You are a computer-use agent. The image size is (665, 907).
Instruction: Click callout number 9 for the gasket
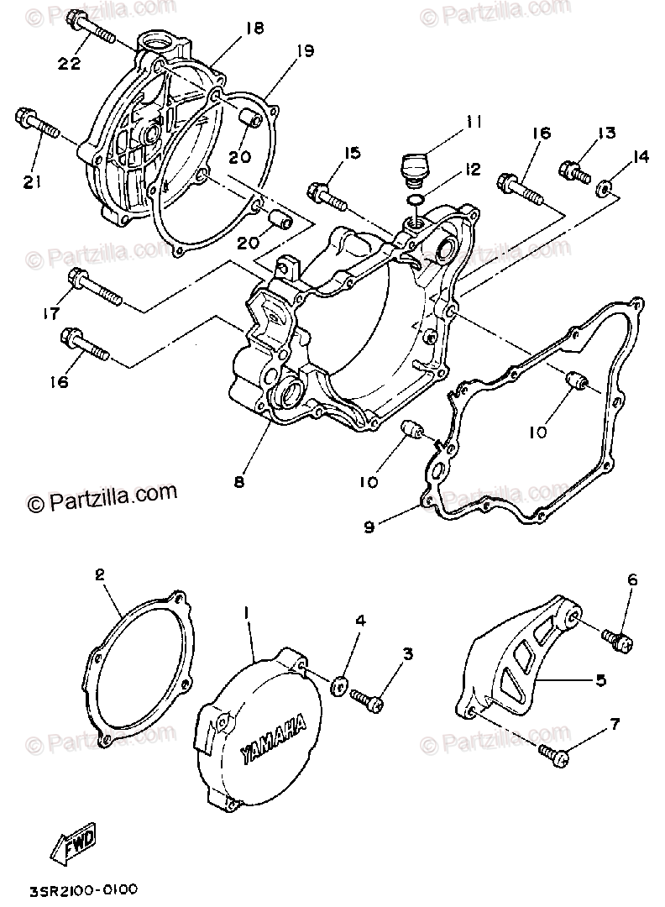(x=369, y=527)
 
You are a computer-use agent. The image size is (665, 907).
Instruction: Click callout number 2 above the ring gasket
(x=99, y=576)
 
